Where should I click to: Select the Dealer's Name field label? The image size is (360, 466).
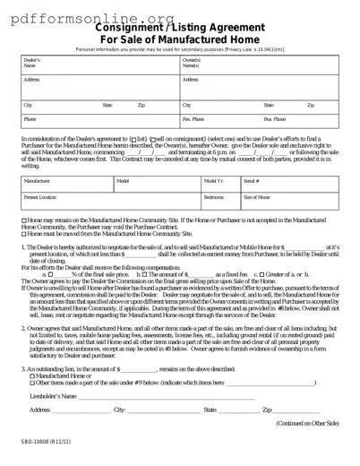tap(31, 63)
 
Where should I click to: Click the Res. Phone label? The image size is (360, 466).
tap(193, 118)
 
